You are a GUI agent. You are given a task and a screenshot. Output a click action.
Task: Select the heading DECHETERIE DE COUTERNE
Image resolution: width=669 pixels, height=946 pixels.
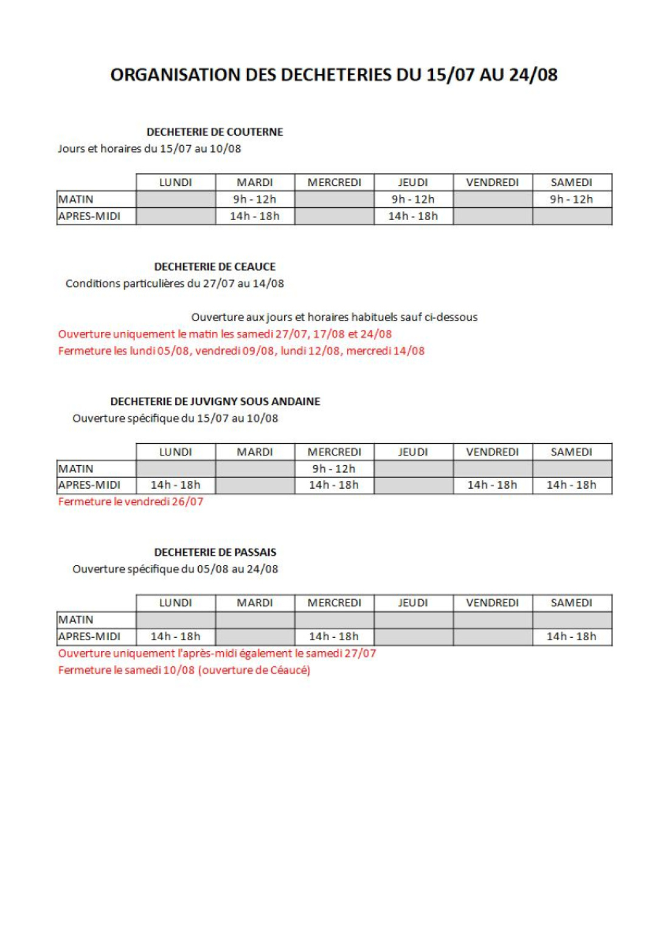215,132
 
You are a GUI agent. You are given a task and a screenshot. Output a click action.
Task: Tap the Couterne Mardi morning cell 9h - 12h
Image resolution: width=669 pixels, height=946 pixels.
255,199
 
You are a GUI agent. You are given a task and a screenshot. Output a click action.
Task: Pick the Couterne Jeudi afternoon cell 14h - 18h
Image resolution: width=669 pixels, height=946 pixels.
413,216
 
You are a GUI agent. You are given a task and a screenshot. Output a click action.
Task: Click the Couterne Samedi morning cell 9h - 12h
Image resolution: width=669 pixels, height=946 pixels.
571,199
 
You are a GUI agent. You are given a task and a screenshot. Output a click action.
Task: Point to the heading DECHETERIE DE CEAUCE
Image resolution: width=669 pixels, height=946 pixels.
215,267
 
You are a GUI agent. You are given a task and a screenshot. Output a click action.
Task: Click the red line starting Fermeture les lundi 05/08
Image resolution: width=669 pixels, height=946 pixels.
241,351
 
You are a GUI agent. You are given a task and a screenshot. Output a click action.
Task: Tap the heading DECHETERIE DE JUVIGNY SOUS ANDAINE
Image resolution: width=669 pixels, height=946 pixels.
215,401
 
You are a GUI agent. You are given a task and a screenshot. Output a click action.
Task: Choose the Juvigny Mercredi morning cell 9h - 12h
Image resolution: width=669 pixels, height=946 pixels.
334,469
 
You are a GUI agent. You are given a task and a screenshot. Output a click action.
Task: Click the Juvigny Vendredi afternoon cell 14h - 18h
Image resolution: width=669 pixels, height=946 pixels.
492,485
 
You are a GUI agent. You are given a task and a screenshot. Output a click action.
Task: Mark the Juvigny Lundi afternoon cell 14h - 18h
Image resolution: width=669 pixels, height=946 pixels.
175,485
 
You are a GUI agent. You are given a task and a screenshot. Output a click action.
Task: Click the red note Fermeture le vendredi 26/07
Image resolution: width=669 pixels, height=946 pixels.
130,502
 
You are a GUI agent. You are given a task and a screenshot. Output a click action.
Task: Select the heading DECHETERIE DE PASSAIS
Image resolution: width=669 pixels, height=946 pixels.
215,552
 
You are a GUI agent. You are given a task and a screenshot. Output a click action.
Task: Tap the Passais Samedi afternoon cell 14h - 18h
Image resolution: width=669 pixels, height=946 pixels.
571,637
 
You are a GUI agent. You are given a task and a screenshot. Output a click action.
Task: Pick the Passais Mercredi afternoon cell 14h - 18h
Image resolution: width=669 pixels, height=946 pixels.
334,637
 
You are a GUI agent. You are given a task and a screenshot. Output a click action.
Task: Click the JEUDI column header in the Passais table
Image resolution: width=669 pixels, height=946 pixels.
413,603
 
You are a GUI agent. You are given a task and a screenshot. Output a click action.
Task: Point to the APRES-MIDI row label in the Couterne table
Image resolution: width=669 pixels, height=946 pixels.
89,216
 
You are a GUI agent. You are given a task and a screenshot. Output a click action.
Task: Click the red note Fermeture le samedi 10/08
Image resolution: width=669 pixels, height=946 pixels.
184,670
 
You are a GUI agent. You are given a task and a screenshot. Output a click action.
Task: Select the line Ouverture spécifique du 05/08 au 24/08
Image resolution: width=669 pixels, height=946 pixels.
175,569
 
